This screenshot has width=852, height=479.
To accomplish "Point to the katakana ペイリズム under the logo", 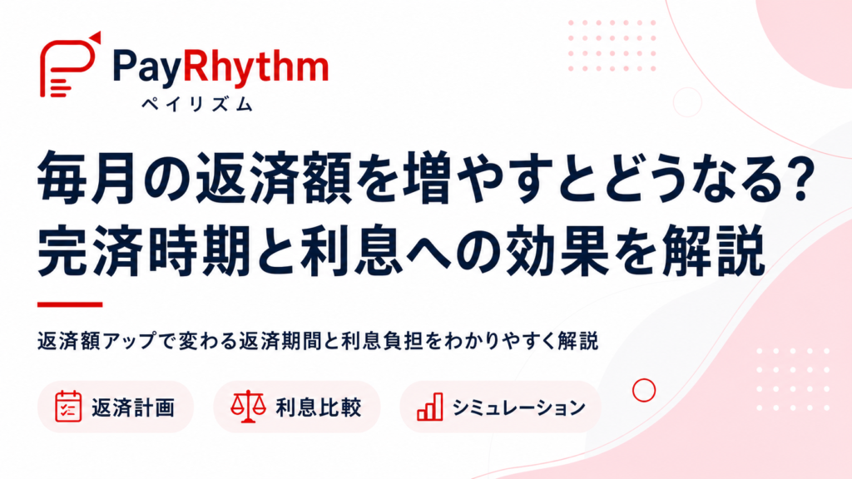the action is pos(197,103).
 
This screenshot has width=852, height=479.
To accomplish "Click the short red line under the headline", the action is pos(70,304).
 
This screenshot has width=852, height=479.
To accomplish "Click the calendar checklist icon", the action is pos(68,406).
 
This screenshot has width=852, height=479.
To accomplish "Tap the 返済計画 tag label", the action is pos(133,407).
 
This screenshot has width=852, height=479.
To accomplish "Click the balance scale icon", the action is pos(248,406).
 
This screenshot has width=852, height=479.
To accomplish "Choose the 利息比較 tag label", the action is pos(319,407).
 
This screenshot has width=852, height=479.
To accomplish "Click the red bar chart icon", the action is pos(430,407).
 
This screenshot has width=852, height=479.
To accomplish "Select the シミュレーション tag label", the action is pos(518,407).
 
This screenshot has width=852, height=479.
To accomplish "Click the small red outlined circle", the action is pos(644,379).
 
